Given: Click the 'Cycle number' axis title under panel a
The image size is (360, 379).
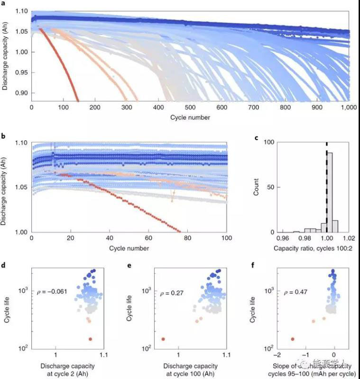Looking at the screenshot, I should click(191, 117).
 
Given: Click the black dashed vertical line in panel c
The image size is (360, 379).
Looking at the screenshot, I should click(326, 189).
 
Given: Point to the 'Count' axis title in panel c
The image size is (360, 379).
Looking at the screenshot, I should click(257, 187).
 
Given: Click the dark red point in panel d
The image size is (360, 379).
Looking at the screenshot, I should click(90, 339).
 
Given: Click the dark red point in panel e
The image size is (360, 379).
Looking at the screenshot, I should click(163, 339).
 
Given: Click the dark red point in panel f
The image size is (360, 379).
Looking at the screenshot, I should click(292, 339).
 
